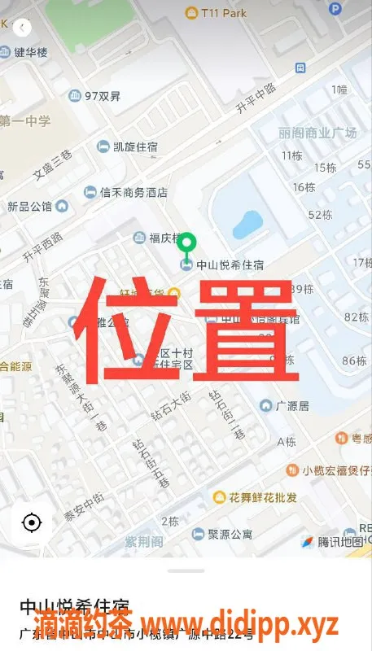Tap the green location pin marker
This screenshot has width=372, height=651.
click(187, 243)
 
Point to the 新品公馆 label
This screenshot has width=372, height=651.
click(29, 207)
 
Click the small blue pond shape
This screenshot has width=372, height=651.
click(247, 225)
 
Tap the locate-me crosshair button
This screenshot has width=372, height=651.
click(32, 522)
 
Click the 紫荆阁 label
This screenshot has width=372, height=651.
click(144, 542)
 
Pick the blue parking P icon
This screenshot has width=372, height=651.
click(335, 8)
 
